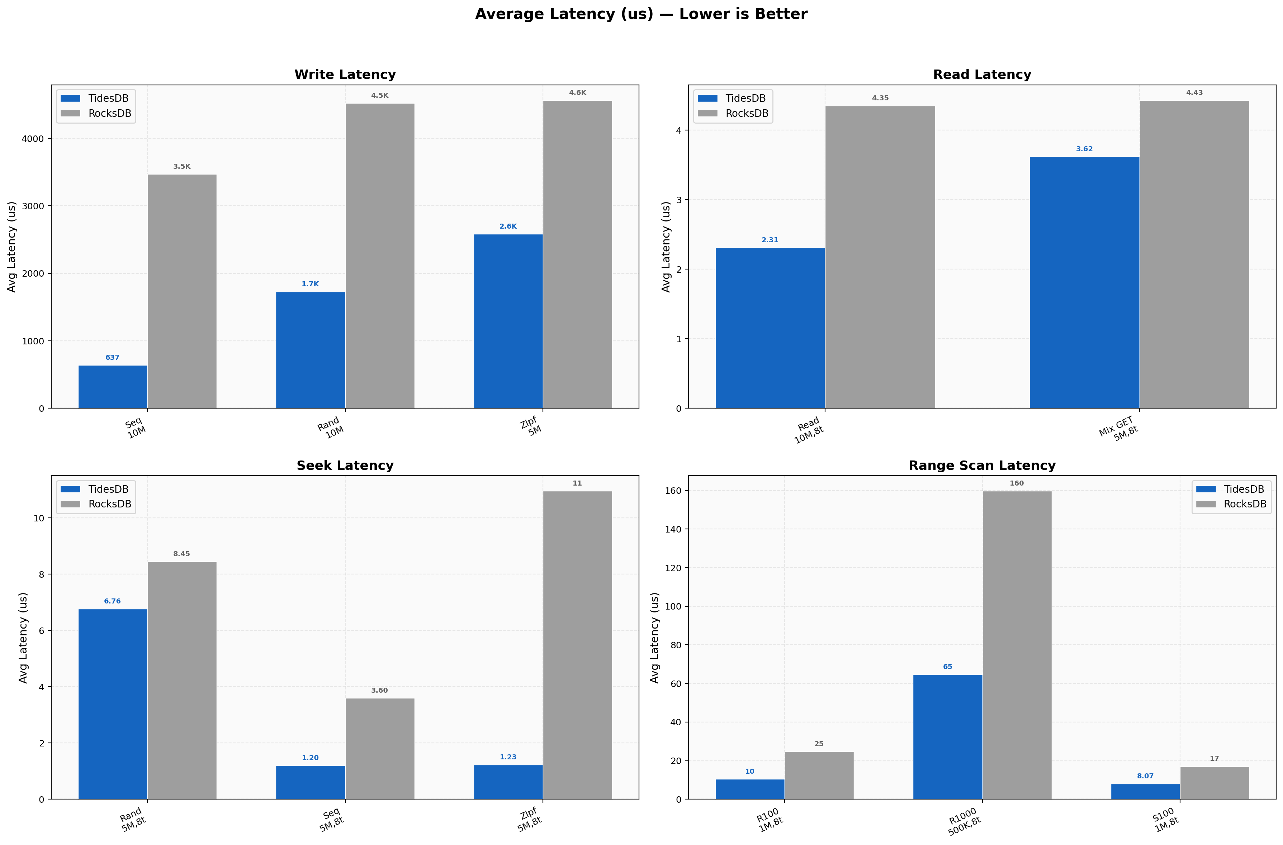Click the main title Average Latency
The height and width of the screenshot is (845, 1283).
click(641, 14)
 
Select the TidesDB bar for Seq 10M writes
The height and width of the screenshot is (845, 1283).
click(113, 387)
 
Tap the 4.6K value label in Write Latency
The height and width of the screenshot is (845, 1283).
click(577, 93)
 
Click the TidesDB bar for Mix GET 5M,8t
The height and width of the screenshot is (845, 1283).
click(1084, 283)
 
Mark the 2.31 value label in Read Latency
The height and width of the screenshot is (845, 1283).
click(770, 240)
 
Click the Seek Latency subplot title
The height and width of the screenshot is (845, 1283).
click(345, 466)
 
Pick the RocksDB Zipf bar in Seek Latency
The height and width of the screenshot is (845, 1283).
click(577, 645)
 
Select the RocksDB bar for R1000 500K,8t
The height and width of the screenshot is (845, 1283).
click(1017, 645)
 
